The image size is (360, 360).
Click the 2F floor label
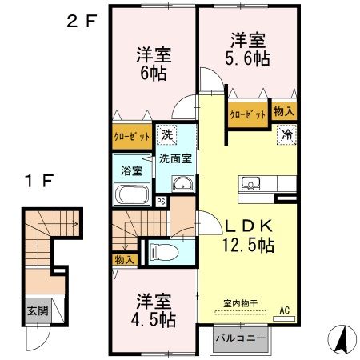[x=80, y=22]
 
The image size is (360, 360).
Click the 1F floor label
[x=37, y=180]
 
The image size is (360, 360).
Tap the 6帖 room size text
[x=151, y=72]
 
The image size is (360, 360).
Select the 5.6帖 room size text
[x=250, y=58]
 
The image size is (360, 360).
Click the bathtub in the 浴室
[x=132, y=194]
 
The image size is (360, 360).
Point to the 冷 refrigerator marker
[x=286, y=136]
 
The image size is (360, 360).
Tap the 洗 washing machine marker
[x=167, y=134]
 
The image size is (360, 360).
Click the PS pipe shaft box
[x=161, y=201]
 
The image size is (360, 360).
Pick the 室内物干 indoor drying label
[x=239, y=304]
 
